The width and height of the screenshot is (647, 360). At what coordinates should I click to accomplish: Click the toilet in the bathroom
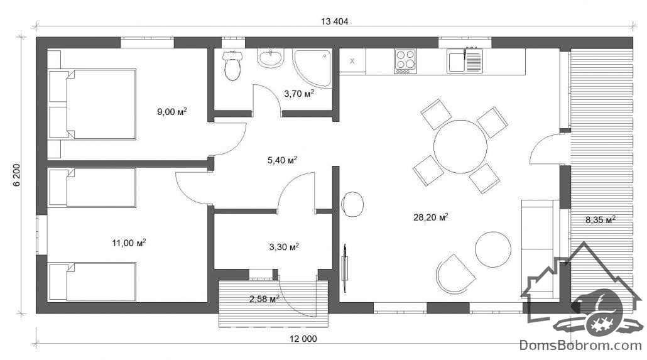[x=232, y=65]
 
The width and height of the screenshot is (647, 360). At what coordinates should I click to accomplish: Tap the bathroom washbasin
[x=271, y=58]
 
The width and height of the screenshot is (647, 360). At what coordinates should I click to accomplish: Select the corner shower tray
[x=312, y=68]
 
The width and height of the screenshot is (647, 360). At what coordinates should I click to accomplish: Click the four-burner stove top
[x=405, y=61]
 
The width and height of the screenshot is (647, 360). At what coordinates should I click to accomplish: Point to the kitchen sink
[x=465, y=62]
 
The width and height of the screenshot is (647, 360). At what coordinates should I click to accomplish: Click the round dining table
[x=460, y=146]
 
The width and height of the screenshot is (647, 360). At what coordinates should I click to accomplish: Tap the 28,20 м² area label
[x=431, y=217]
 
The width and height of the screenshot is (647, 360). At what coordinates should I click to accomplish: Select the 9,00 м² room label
[x=172, y=111]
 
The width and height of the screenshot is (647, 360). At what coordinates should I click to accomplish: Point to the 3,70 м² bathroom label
[x=299, y=94]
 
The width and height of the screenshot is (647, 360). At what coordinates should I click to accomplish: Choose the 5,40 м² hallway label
[x=283, y=160]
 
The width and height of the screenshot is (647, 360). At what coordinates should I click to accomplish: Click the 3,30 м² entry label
[x=285, y=247]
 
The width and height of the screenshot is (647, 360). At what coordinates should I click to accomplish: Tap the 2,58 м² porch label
[x=264, y=298]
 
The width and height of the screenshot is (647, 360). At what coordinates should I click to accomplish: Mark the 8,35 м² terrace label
[x=601, y=220]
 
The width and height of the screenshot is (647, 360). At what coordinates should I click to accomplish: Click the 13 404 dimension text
[x=335, y=21]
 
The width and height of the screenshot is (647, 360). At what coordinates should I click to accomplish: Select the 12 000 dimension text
[x=303, y=339]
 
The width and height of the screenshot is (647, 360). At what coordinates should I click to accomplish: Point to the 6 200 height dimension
[x=17, y=175]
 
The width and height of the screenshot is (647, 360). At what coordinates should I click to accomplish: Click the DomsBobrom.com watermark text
[x=580, y=345]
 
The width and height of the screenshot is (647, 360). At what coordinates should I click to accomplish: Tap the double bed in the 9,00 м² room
[x=92, y=104]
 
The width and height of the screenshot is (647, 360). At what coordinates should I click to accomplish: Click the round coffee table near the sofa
[x=493, y=249]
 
